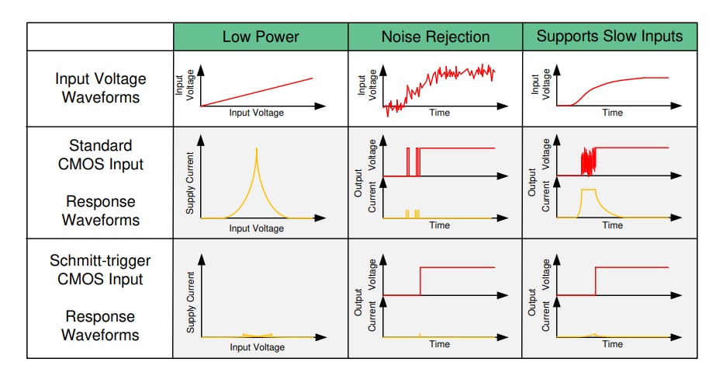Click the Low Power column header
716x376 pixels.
[261, 37]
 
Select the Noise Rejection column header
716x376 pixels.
[435, 37]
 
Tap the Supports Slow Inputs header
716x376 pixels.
[610, 37]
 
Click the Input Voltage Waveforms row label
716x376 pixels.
[101, 89]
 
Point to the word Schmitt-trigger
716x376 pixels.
[101, 260]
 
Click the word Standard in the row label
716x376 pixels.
[101, 145]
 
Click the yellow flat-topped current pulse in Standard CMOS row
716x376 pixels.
[588, 191]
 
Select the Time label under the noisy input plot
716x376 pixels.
[439, 113]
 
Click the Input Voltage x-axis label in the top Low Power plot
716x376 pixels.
[256, 113]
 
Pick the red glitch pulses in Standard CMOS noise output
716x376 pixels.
[413, 162]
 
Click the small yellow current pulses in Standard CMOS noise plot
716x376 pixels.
[413, 213]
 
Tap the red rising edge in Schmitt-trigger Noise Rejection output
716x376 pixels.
[420, 281]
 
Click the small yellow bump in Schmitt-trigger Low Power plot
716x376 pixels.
[257, 335]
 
